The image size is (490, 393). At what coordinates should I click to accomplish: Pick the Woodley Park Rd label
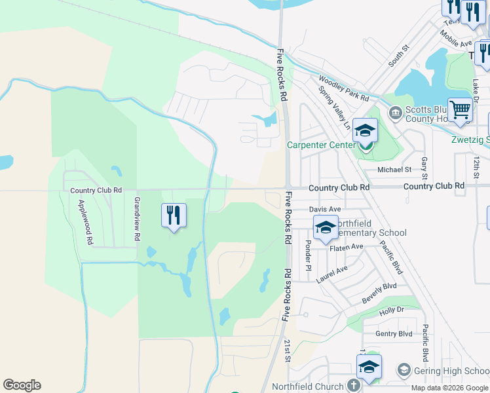coord(344,88)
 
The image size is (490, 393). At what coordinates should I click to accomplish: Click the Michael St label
coord(394,170)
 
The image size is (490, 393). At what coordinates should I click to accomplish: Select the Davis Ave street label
coord(326,209)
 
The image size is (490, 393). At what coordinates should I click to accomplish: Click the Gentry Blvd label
coord(394,333)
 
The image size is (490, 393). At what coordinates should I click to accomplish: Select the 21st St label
coord(288,350)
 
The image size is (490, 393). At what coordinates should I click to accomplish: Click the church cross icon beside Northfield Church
coord(354,385)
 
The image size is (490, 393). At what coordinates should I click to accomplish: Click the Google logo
coord(22,385)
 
